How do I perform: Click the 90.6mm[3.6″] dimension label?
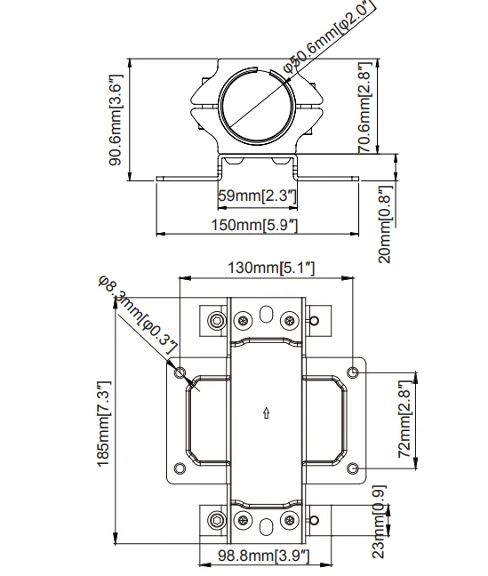(x=116, y=120)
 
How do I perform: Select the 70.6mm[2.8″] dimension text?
(x=365, y=108)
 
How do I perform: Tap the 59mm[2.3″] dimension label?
(x=257, y=196)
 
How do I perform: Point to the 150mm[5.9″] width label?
(x=254, y=225)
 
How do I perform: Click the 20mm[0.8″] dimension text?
(x=386, y=224)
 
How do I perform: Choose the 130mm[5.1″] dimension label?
(x=272, y=268)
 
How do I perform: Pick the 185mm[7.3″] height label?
(x=103, y=424)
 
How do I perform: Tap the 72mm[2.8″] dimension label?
(x=405, y=419)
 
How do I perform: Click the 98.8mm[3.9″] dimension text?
(x=264, y=556)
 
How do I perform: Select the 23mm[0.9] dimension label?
(x=379, y=521)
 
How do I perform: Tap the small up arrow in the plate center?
(x=267, y=413)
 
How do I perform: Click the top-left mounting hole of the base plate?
(x=180, y=372)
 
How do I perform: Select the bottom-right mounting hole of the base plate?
(x=353, y=468)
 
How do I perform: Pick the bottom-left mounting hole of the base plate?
(x=180, y=468)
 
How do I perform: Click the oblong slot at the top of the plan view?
(x=266, y=314)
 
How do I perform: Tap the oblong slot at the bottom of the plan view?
(x=266, y=527)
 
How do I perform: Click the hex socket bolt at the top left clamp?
(x=217, y=321)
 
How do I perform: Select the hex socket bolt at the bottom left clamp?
(x=217, y=521)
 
